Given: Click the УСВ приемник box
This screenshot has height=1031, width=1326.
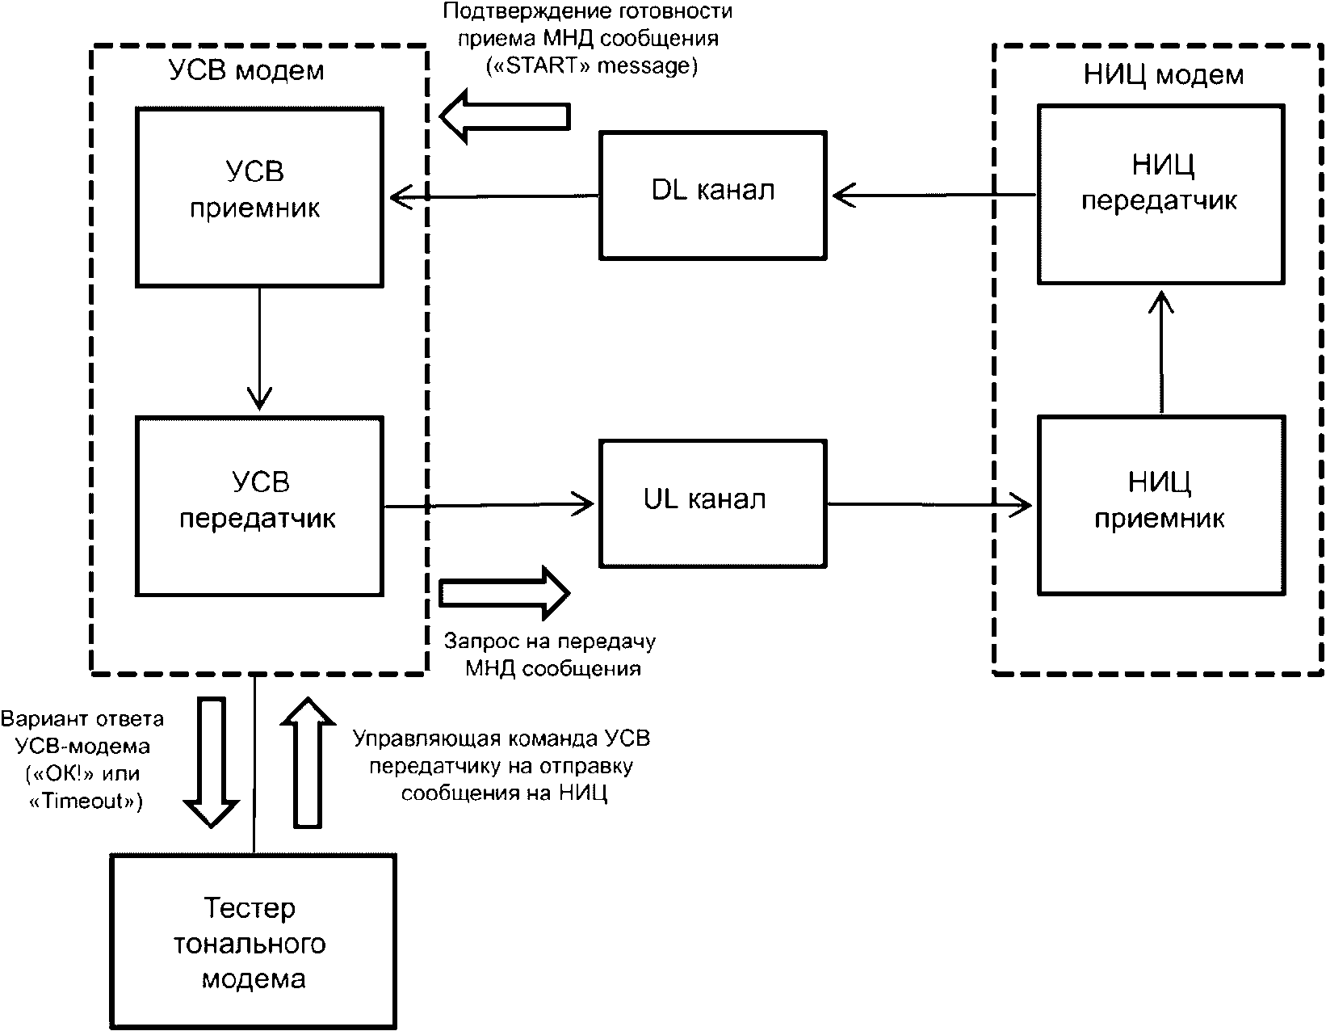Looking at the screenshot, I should click(x=259, y=197).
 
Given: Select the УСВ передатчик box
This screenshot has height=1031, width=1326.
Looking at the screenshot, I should click(x=259, y=506).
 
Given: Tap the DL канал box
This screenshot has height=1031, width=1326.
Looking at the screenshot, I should click(x=712, y=195).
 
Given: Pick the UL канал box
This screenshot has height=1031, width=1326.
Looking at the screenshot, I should click(x=712, y=503).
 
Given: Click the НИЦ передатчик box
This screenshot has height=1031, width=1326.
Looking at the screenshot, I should click(x=1160, y=194).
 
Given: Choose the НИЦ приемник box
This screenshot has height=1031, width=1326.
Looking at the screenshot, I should click(x=1160, y=505).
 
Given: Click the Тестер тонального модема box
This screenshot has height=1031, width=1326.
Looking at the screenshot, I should click(x=254, y=943).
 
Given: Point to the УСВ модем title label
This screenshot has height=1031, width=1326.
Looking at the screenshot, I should click(x=246, y=71).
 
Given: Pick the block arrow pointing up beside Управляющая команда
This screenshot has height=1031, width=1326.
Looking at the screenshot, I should click(x=306, y=763).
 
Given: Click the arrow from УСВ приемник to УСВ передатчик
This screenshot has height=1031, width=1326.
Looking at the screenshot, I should click(x=259, y=347).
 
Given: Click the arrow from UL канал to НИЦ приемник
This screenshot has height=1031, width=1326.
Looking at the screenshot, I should click(x=929, y=506).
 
